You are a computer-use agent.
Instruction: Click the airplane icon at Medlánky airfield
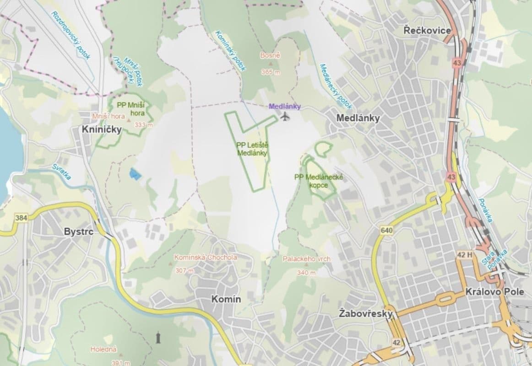tap(285, 117)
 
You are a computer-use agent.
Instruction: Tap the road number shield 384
tap(21, 218)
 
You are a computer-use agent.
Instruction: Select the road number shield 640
tap(386, 231)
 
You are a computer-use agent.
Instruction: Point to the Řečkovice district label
tap(427, 31)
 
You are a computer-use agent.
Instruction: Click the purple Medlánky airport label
tap(285, 107)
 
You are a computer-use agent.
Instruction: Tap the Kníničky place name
tap(102, 129)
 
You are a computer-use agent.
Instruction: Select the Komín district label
tap(226, 299)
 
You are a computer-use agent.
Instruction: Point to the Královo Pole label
tap(488, 292)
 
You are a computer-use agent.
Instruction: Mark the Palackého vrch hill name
tap(306, 259)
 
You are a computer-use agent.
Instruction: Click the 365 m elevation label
tap(270, 72)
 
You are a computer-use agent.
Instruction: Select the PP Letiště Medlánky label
tap(252, 149)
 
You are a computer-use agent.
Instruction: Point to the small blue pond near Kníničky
tap(135, 173)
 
